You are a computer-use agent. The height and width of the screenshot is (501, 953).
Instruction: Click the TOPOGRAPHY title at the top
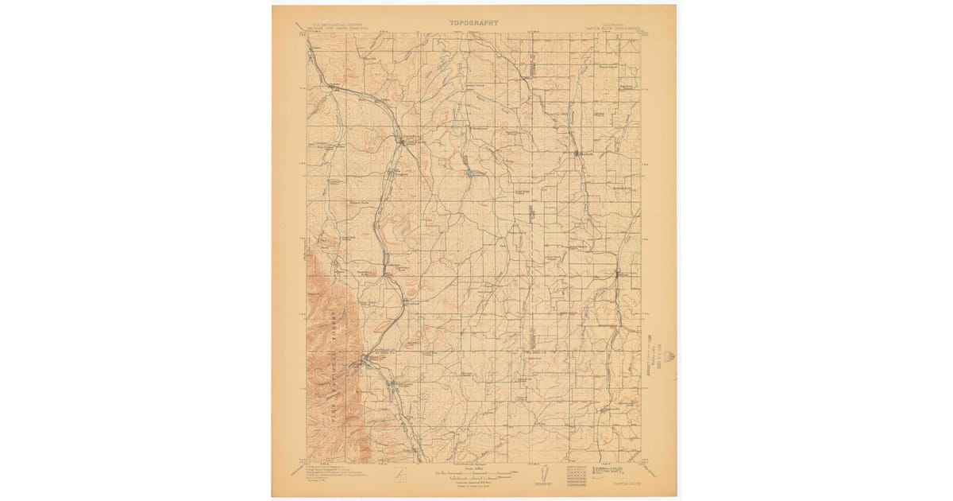pos(474,23)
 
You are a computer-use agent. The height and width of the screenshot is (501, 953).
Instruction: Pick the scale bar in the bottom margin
pos(474,474)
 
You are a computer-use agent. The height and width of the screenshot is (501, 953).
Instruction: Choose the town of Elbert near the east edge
pos(625,275)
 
